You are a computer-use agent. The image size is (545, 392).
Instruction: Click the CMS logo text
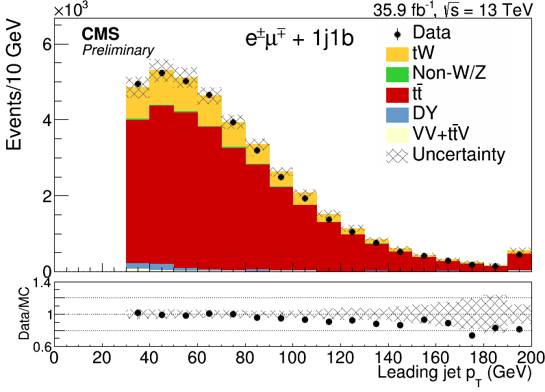tap(101, 34)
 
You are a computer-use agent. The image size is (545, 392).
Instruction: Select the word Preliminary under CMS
tap(118, 51)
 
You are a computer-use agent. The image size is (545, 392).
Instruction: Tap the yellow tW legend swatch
tap(397, 54)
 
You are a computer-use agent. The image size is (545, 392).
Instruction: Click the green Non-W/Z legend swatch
tap(397, 75)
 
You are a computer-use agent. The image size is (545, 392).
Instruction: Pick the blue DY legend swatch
tap(397, 115)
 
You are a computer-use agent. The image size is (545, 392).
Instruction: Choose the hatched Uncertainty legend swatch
tap(397, 156)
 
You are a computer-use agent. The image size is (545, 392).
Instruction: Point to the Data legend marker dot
tap(398, 34)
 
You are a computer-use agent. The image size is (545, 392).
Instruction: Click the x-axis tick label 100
tap(292, 357)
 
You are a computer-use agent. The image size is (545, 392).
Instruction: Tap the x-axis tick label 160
tap(436, 357)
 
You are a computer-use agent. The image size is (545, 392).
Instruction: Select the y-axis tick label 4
tap(47, 120)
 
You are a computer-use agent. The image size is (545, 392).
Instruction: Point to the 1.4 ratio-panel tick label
tap(41, 284)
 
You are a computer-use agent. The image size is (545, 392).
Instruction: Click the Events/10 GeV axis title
tap(14, 86)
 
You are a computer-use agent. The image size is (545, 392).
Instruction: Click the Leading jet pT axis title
tap(455, 374)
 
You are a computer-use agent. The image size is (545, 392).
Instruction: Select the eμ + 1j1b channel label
tap(300, 38)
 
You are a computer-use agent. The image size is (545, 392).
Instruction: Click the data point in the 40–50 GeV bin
tap(162, 73)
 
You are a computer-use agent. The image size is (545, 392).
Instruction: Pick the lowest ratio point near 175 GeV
tap(472, 335)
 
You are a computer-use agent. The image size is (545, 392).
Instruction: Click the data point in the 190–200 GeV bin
tap(519, 255)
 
